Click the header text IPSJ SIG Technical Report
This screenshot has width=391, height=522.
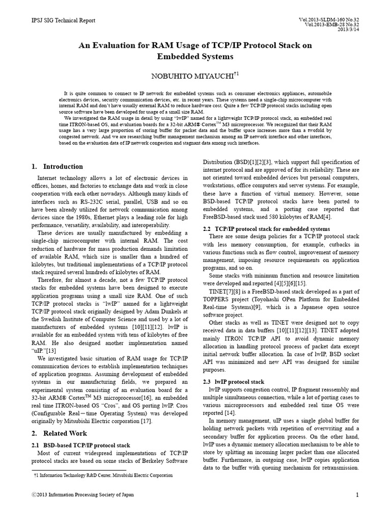63,20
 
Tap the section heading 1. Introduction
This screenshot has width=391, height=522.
57,166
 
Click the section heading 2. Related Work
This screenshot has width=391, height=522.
58,433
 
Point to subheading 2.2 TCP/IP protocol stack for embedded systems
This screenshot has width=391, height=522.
266,229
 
